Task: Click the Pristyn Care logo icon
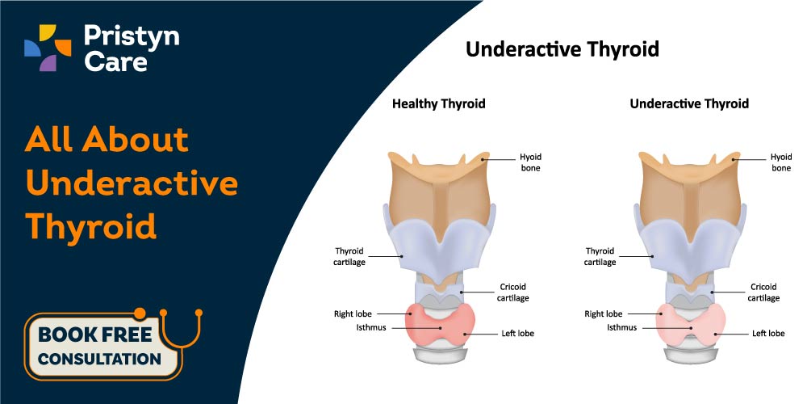click(48, 48)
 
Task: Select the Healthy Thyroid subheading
click(438, 103)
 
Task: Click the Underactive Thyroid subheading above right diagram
click(689, 103)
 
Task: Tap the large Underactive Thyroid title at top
click(562, 49)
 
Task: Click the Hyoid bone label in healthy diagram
click(530, 162)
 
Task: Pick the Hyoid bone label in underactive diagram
click(780, 162)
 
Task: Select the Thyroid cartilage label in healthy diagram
click(350, 256)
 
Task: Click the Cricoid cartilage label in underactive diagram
click(763, 292)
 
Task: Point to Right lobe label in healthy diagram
click(353, 314)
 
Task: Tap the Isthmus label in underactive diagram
click(621, 327)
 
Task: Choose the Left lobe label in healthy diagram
click(518, 334)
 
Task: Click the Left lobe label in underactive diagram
click(768, 334)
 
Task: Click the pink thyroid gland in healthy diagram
click(440, 326)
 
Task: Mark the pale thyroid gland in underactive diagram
click(691, 326)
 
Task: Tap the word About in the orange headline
click(136, 139)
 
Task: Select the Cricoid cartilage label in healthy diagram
click(512, 292)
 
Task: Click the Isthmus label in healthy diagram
click(371, 327)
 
